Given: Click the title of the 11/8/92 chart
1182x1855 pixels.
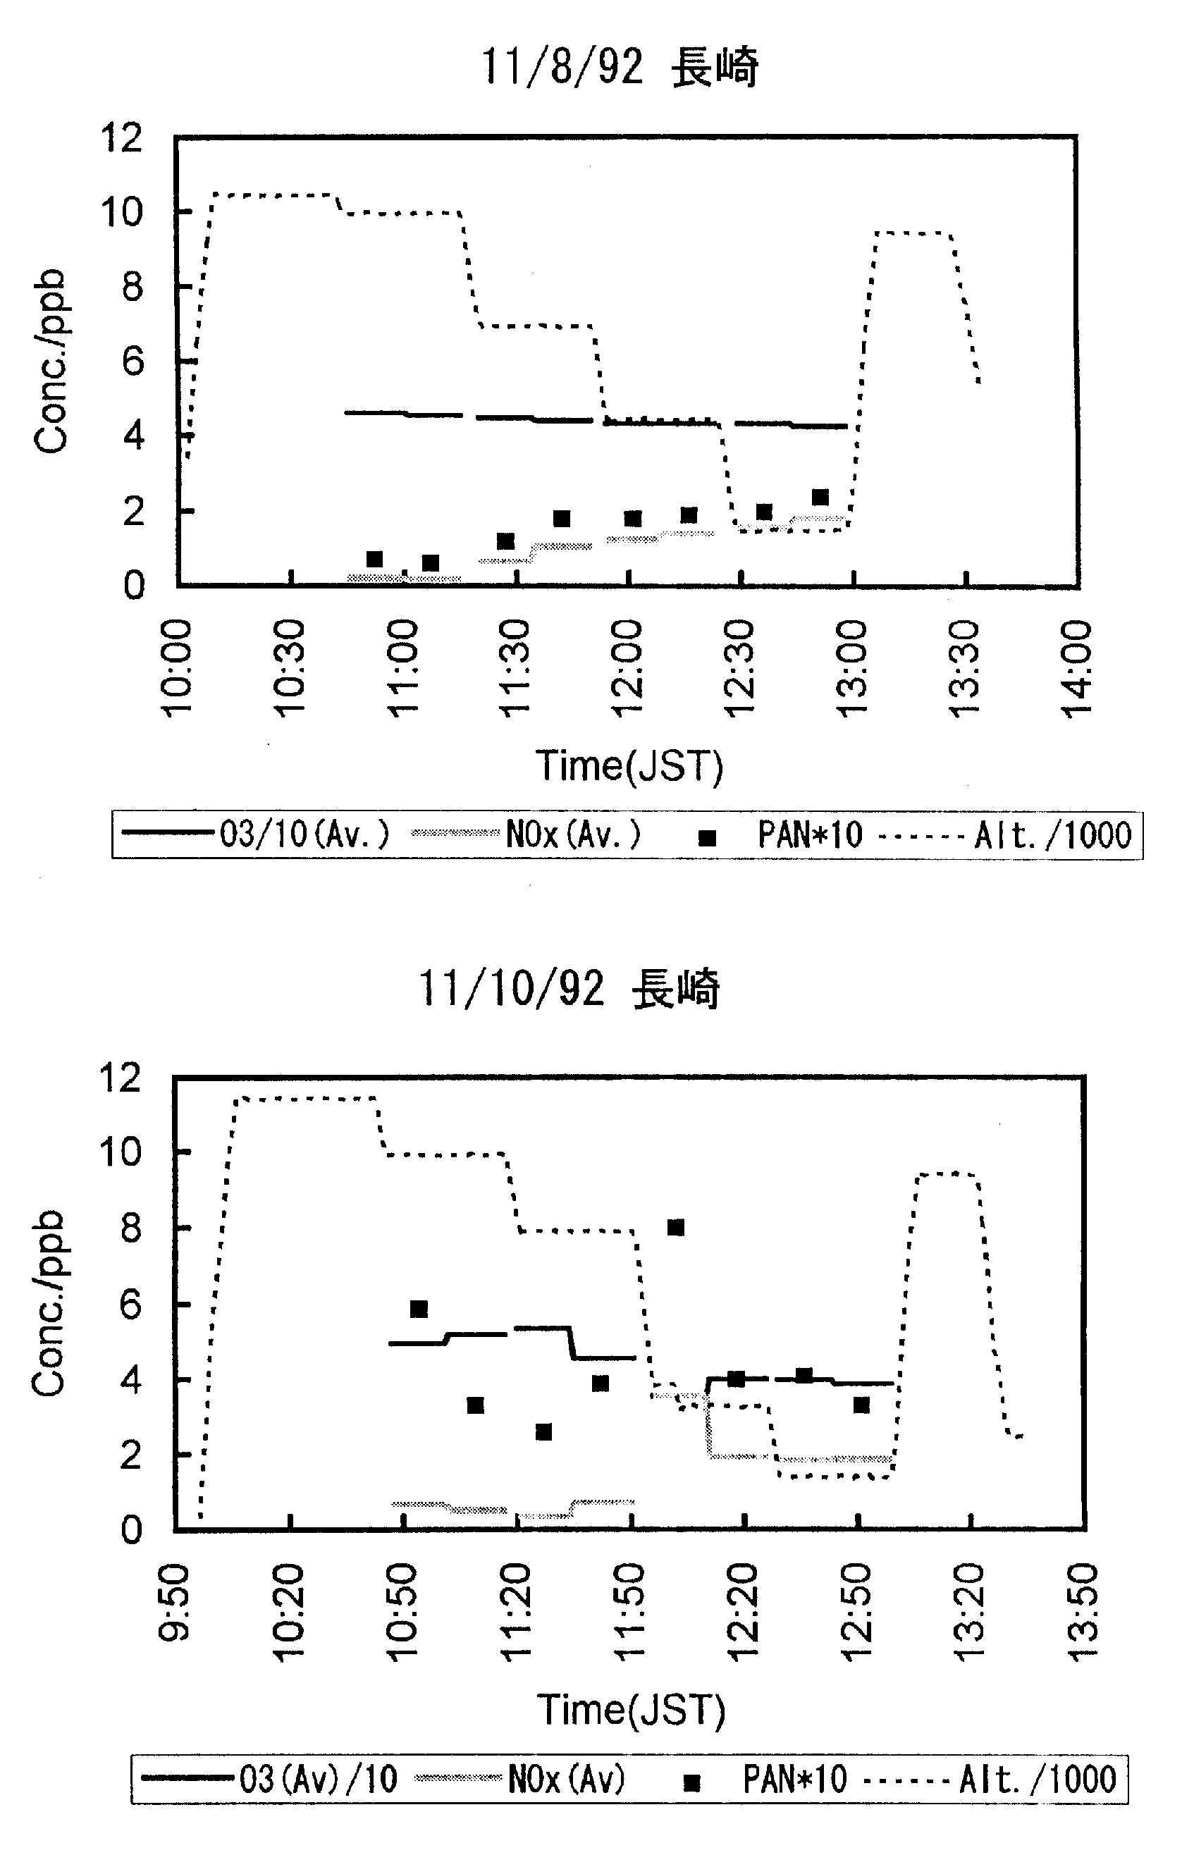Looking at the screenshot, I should (x=620, y=67).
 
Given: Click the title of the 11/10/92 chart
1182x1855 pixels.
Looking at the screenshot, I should (x=569, y=988).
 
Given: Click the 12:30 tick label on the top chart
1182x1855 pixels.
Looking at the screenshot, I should (x=741, y=669).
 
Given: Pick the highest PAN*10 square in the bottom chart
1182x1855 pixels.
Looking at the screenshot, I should (x=675, y=1227).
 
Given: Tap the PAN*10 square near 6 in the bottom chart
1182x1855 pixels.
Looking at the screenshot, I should (x=419, y=1309).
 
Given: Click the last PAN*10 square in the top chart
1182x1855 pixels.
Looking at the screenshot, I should (x=820, y=497).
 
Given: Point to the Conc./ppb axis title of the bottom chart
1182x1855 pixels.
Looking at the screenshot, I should (x=49, y=1304).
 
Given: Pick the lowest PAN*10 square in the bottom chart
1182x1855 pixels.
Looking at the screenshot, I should (x=543, y=1432).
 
